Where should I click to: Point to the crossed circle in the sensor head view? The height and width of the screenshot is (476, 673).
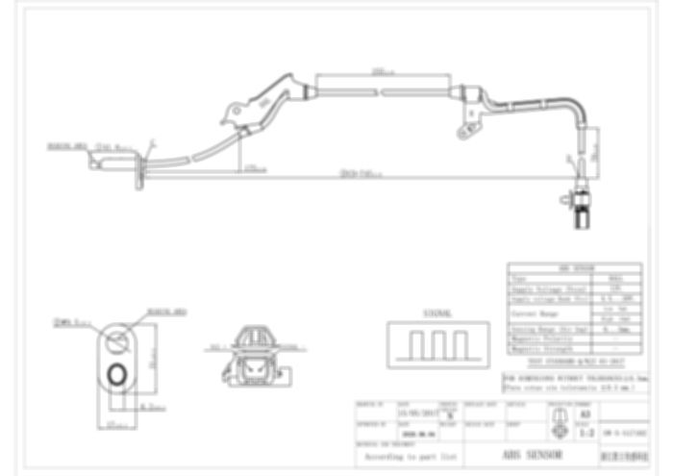(118, 338)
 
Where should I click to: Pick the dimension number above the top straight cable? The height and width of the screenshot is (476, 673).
(380, 69)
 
